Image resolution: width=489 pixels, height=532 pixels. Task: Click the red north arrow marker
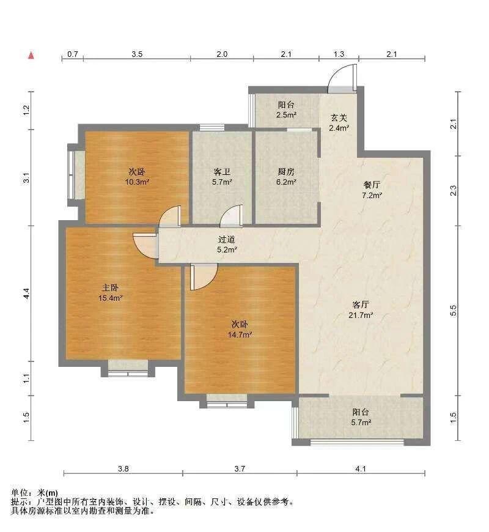coord(31,55)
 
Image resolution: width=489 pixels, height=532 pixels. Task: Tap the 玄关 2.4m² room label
coord(339,123)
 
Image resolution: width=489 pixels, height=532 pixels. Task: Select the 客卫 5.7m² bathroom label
coord(222,177)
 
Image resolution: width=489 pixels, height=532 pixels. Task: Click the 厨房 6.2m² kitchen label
coord(286,177)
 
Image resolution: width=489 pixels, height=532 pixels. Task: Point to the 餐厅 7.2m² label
coord(372,190)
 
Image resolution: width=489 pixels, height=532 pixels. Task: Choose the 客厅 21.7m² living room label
coord(361,309)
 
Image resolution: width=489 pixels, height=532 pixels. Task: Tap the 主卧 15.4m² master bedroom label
coord(110,293)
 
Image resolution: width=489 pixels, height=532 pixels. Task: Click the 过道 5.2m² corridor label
coord(227,245)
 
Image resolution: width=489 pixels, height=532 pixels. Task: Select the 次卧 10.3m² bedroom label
coord(138,177)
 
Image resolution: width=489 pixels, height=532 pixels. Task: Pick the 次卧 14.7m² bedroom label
coord(240,330)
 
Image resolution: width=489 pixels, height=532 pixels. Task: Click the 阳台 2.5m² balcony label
coord(286,109)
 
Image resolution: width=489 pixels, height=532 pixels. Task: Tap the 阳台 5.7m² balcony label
coord(361,417)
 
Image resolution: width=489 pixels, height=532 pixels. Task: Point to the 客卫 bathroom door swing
coord(232,215)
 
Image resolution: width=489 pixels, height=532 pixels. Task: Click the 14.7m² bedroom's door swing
coord(204,277)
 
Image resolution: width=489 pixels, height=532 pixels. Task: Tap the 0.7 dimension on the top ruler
coord(73,54)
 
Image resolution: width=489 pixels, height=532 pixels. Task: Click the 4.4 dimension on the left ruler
coord(26,294)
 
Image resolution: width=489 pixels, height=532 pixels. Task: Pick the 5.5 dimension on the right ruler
coord(454,311)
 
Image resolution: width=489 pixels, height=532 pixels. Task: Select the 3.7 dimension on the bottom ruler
coord(240,469)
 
